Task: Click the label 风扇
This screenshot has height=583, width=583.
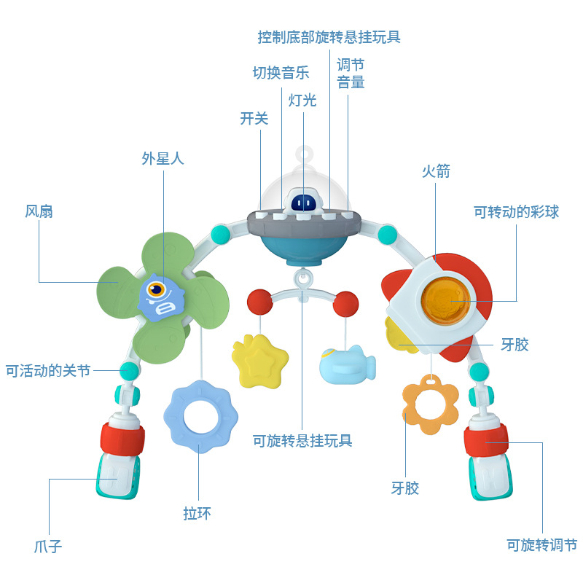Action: tap(39, 212)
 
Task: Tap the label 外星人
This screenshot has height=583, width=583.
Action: tap(163, 158)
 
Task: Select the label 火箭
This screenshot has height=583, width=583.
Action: tap(436, 171)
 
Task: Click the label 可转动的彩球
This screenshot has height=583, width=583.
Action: tap(516, 212)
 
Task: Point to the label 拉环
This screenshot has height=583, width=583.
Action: tap(197, 514)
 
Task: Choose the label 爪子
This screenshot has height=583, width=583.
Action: tap(48, 546)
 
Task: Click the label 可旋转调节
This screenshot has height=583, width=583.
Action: tap(541, 545)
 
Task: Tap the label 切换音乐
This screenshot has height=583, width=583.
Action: tap(281, 73)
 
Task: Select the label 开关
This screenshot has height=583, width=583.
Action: tap(254, 118)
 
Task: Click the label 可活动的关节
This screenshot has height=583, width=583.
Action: tap(48, 371)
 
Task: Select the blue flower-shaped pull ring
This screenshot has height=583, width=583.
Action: tap(200, 416)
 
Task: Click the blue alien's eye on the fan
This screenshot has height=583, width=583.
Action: tap(155, 291)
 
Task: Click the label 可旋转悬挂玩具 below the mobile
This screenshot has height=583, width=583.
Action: tap(302, 440)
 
